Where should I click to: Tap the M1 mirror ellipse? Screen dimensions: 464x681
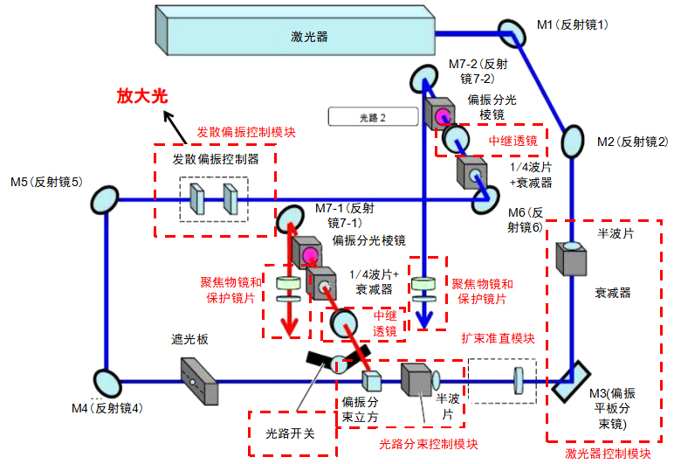[508, 31]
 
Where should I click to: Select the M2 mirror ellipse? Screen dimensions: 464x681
[572, 140]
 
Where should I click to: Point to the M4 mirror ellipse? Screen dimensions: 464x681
[107, 381]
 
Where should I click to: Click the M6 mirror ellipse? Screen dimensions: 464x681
[483, 202]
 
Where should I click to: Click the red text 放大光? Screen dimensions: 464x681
[141, 97]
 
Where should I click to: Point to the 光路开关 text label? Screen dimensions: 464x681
[291, 433]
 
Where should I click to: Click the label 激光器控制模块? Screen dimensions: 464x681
[608, 453]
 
